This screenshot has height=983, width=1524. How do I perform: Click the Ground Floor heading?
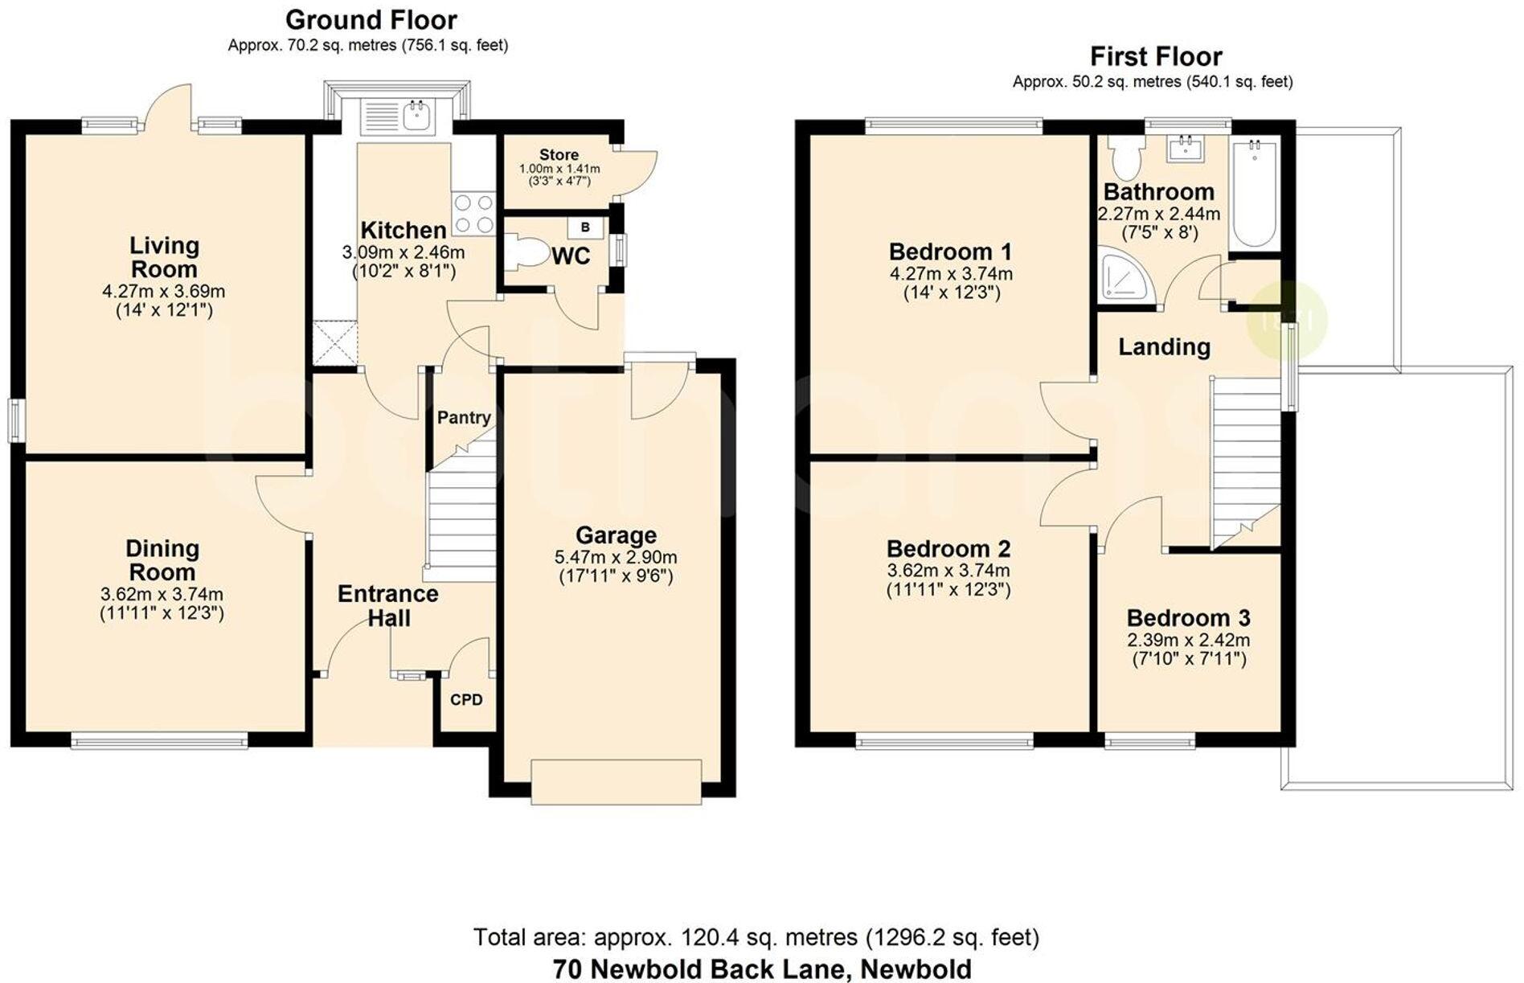pos(371,19)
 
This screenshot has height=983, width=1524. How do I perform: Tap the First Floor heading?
pos(1155,56)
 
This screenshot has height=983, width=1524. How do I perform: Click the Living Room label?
pos(164,257)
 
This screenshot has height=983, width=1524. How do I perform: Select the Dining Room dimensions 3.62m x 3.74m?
pos(162,595)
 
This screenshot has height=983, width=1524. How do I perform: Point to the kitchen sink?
pos(416,116)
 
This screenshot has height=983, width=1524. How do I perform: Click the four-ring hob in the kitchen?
pos(473,214)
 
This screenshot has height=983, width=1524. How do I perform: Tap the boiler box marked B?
pos(585,227)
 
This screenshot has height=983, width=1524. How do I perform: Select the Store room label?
pos(559,154)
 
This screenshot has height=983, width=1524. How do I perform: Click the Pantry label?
pos(463,418)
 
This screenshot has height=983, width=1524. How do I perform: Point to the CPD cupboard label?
pos(466,700)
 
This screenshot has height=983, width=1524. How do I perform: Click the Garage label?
pos(616,535)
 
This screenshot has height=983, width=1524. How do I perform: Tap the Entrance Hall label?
pos(388,606)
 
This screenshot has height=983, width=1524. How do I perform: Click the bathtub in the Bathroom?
pos(1254,193)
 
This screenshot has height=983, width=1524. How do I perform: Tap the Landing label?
pos(1164,347)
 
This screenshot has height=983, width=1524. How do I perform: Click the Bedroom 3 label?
pos(1188,618)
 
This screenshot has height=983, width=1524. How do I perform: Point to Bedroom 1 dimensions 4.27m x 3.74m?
pos(951,274)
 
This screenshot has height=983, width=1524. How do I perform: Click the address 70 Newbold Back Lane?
pos(761,969)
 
